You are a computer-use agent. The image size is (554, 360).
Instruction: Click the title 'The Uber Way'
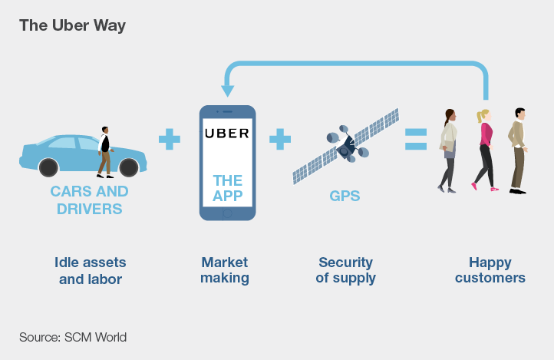pyautogui.click(x=72, y=25)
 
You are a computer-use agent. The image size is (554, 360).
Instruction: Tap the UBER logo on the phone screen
pyautogui.click(x=227, y=133)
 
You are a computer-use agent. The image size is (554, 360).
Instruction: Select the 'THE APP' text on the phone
pyautogui.click(x=227, y=188)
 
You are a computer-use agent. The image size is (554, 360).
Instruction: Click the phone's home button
pyautogui.click(x=227, y=213)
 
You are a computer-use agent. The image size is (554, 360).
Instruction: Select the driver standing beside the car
pyautogui.click(x=105, y=151)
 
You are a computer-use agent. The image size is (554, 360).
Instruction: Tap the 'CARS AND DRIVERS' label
pyautogui.click(x=89, y=200)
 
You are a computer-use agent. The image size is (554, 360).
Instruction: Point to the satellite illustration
pyautogui.click(x=346, y=145)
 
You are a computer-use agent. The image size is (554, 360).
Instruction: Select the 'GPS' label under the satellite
pyautogui.click(x=345, y=196)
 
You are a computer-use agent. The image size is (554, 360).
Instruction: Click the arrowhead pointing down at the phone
pyautogui.click(x=227, y=91)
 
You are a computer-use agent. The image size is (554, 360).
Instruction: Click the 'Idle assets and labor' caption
pyautogui.click(x=91, y=271)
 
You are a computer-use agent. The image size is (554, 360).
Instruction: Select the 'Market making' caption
pyautogui.click(x=225, y=271)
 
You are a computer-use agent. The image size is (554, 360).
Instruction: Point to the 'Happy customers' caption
pyautogui.click(x=490, y=271)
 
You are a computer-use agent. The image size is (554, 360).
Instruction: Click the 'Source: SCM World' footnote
pyautogui.click(x=73, y=337)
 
